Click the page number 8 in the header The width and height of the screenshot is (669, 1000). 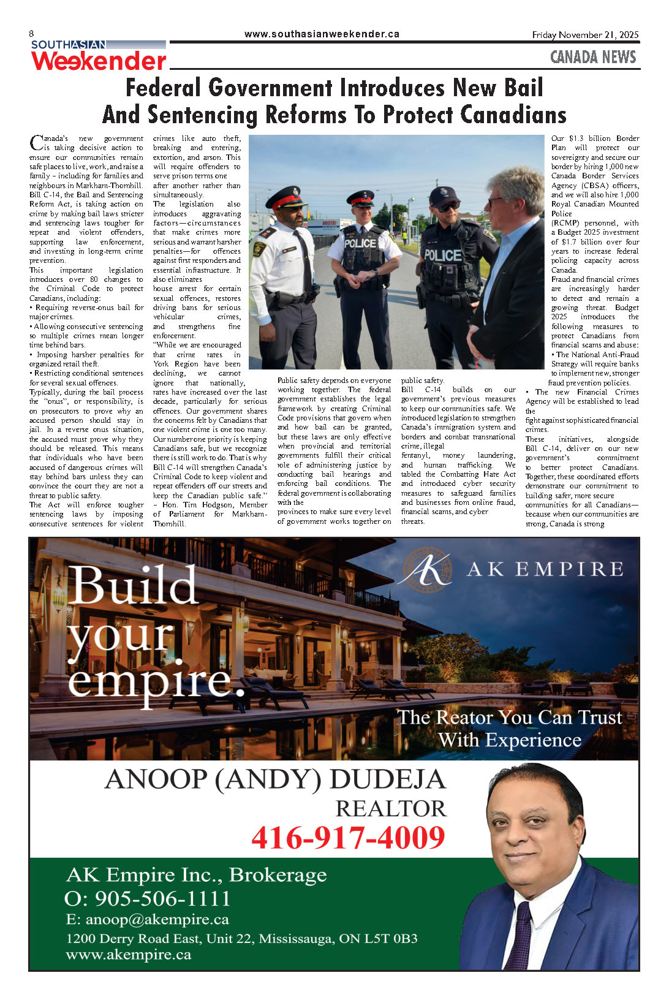click(x=31, y=34)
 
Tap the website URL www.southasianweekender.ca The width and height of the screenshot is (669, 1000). click(x=322, y=34)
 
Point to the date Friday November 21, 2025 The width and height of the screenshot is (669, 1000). click(x=585, y=35)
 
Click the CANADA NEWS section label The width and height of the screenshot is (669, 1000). click(x=593, y=57)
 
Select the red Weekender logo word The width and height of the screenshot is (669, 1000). click(x=99, y=61)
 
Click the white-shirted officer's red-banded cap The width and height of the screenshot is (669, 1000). click(x=286, y=197)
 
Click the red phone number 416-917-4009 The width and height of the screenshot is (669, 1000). click(x=348, y=838)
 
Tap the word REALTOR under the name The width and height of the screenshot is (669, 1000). click(x=391, y=808)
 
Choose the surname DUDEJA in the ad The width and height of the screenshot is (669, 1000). click(x=388, y=779)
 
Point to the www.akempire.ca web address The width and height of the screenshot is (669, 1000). click(x=128, y=954)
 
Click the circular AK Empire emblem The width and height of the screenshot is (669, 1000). click(x=425, y=569)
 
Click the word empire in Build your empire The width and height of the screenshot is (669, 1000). click(x=156, y=680)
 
